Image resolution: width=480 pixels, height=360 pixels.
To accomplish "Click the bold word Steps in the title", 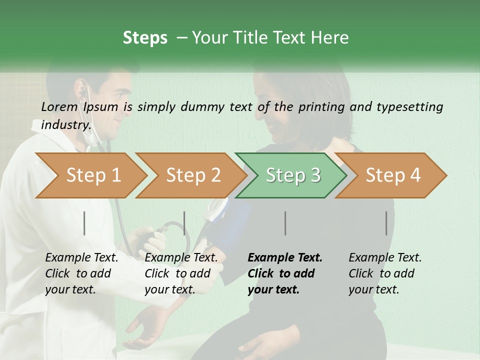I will [145, 38].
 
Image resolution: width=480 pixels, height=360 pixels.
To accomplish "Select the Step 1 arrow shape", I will [90, 175].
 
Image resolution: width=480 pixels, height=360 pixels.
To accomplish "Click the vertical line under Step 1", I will [84, 223].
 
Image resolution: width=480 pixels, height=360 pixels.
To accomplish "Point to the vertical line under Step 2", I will [184, 223].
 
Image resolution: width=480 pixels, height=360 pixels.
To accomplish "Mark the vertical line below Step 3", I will [285, 223].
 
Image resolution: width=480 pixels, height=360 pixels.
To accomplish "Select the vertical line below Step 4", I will [386, 223].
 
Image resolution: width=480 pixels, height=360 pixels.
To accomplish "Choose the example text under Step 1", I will [81, 273].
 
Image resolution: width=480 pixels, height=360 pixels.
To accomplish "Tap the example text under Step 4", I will [385, 273].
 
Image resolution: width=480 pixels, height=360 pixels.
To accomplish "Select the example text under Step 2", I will [181, 273].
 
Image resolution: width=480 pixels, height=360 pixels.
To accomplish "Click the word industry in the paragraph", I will [66, 125].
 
